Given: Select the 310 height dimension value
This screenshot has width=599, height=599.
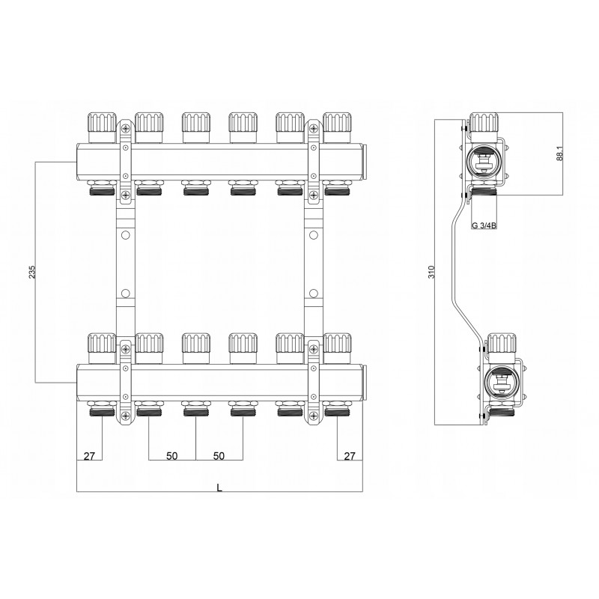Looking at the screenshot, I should coord(428,272).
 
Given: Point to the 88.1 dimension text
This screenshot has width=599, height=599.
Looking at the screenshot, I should coord(559,153).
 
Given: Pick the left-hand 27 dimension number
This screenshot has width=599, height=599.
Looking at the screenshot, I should coord(90,456).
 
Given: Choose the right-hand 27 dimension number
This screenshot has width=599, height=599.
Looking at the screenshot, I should coord(348,456).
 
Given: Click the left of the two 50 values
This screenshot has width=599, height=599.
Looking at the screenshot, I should coord(171,456).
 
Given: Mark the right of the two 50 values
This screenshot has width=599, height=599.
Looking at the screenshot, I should coord(219,456).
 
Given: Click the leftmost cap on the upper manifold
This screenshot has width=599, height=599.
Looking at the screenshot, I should coord(100,127).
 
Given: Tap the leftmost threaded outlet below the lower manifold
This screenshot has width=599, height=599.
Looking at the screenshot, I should coord(100,411).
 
